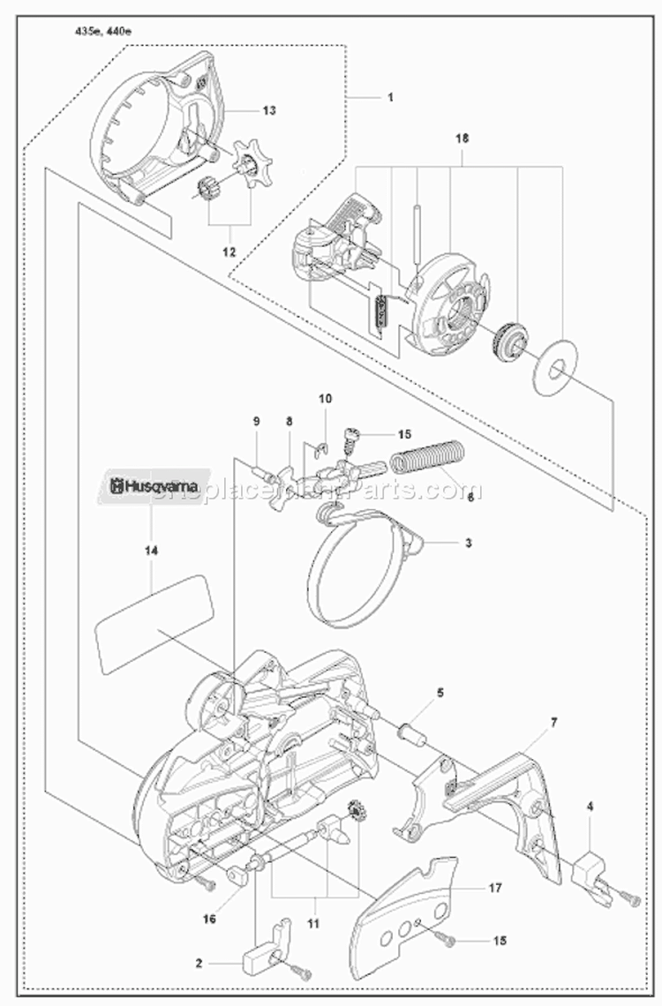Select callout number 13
(269, 110)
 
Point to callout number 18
(463, 139)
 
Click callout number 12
(229, 251)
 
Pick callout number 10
(325, 399)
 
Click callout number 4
(590, 805)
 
